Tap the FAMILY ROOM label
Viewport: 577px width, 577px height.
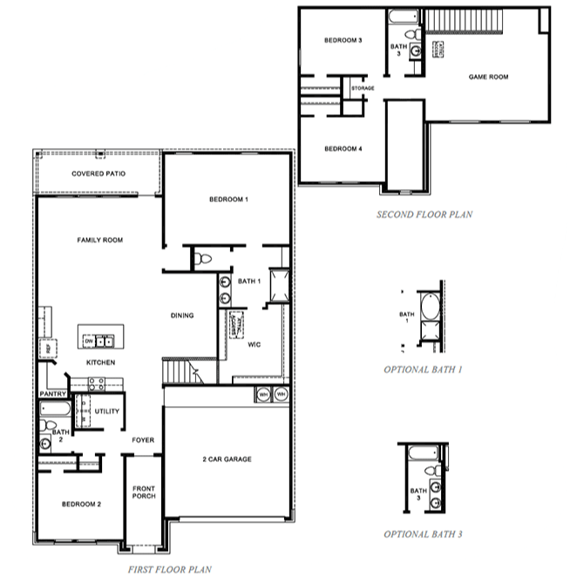click(99, 240)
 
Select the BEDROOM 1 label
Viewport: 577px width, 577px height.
click(228, 200)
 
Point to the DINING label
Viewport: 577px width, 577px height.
click(182, 316)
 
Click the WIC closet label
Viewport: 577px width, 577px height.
click(255, 344)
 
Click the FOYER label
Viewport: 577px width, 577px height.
click(143, 440)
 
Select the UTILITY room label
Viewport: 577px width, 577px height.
click(107, 411)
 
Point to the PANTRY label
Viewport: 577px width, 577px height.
click(52, 394)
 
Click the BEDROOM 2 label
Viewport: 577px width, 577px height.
click(80, 505)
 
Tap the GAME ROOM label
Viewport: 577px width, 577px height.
click(488, 77)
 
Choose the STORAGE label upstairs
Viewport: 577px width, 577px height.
click(363, 89)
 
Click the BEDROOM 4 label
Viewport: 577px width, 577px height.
click(343, 149)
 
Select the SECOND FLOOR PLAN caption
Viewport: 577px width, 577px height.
click(424, 214)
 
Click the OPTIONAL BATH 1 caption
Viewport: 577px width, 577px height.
click(423, 370)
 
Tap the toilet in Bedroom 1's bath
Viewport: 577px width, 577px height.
click(202, 258)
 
